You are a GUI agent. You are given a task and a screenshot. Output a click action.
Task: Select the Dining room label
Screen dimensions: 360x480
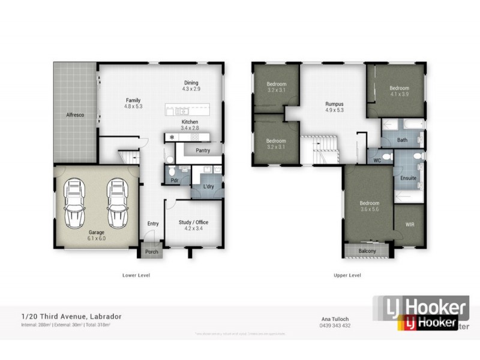(190, 83)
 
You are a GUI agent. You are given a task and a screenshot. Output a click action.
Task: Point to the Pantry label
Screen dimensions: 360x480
(202, 152)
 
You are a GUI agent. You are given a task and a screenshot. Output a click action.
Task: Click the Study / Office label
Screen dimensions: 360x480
(193, 222)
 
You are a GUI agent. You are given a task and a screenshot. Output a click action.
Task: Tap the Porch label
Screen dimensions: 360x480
(152, 251)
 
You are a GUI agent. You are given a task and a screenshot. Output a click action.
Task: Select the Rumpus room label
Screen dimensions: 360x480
(334, 103)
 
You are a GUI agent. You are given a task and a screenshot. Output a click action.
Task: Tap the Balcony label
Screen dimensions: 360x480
(367, 251)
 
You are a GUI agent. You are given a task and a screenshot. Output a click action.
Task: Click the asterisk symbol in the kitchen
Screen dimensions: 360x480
(173, 137)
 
